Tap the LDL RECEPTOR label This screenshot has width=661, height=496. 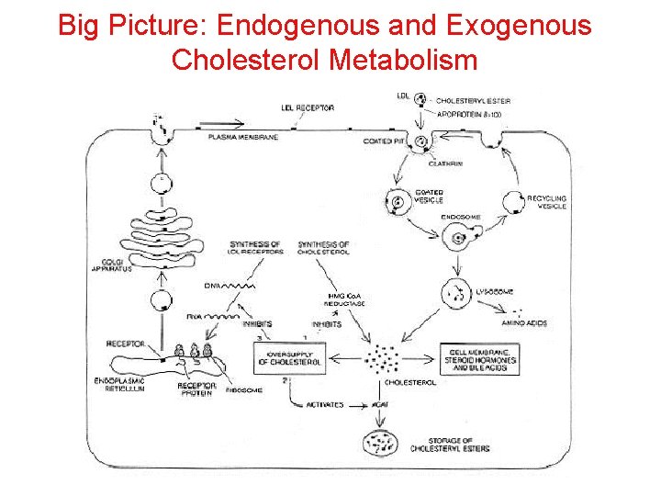click(308, 108)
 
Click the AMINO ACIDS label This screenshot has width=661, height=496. click(525, 323)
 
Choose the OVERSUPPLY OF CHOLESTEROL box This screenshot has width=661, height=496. click(294, 357)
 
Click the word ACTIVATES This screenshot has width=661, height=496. click(325, 404)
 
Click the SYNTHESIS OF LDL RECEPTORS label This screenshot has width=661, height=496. click(255, 248)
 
